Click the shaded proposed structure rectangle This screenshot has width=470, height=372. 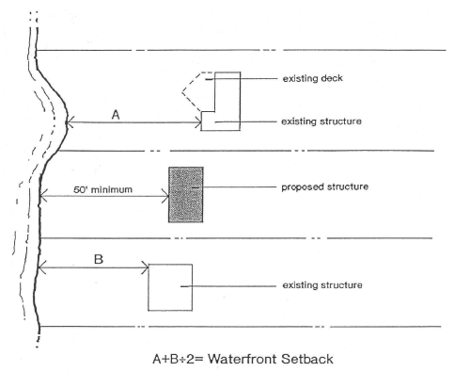pos(186,195)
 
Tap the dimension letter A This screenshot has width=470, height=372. pos(116,115)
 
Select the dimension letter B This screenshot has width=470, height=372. pos(99,259)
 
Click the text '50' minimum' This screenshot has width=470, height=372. pos(102,189)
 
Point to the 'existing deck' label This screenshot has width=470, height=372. pos(312,78)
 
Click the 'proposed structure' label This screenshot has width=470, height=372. pos(324,186)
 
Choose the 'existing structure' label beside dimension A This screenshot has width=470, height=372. pos(321,121)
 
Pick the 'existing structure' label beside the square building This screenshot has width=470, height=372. pos(322,285)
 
